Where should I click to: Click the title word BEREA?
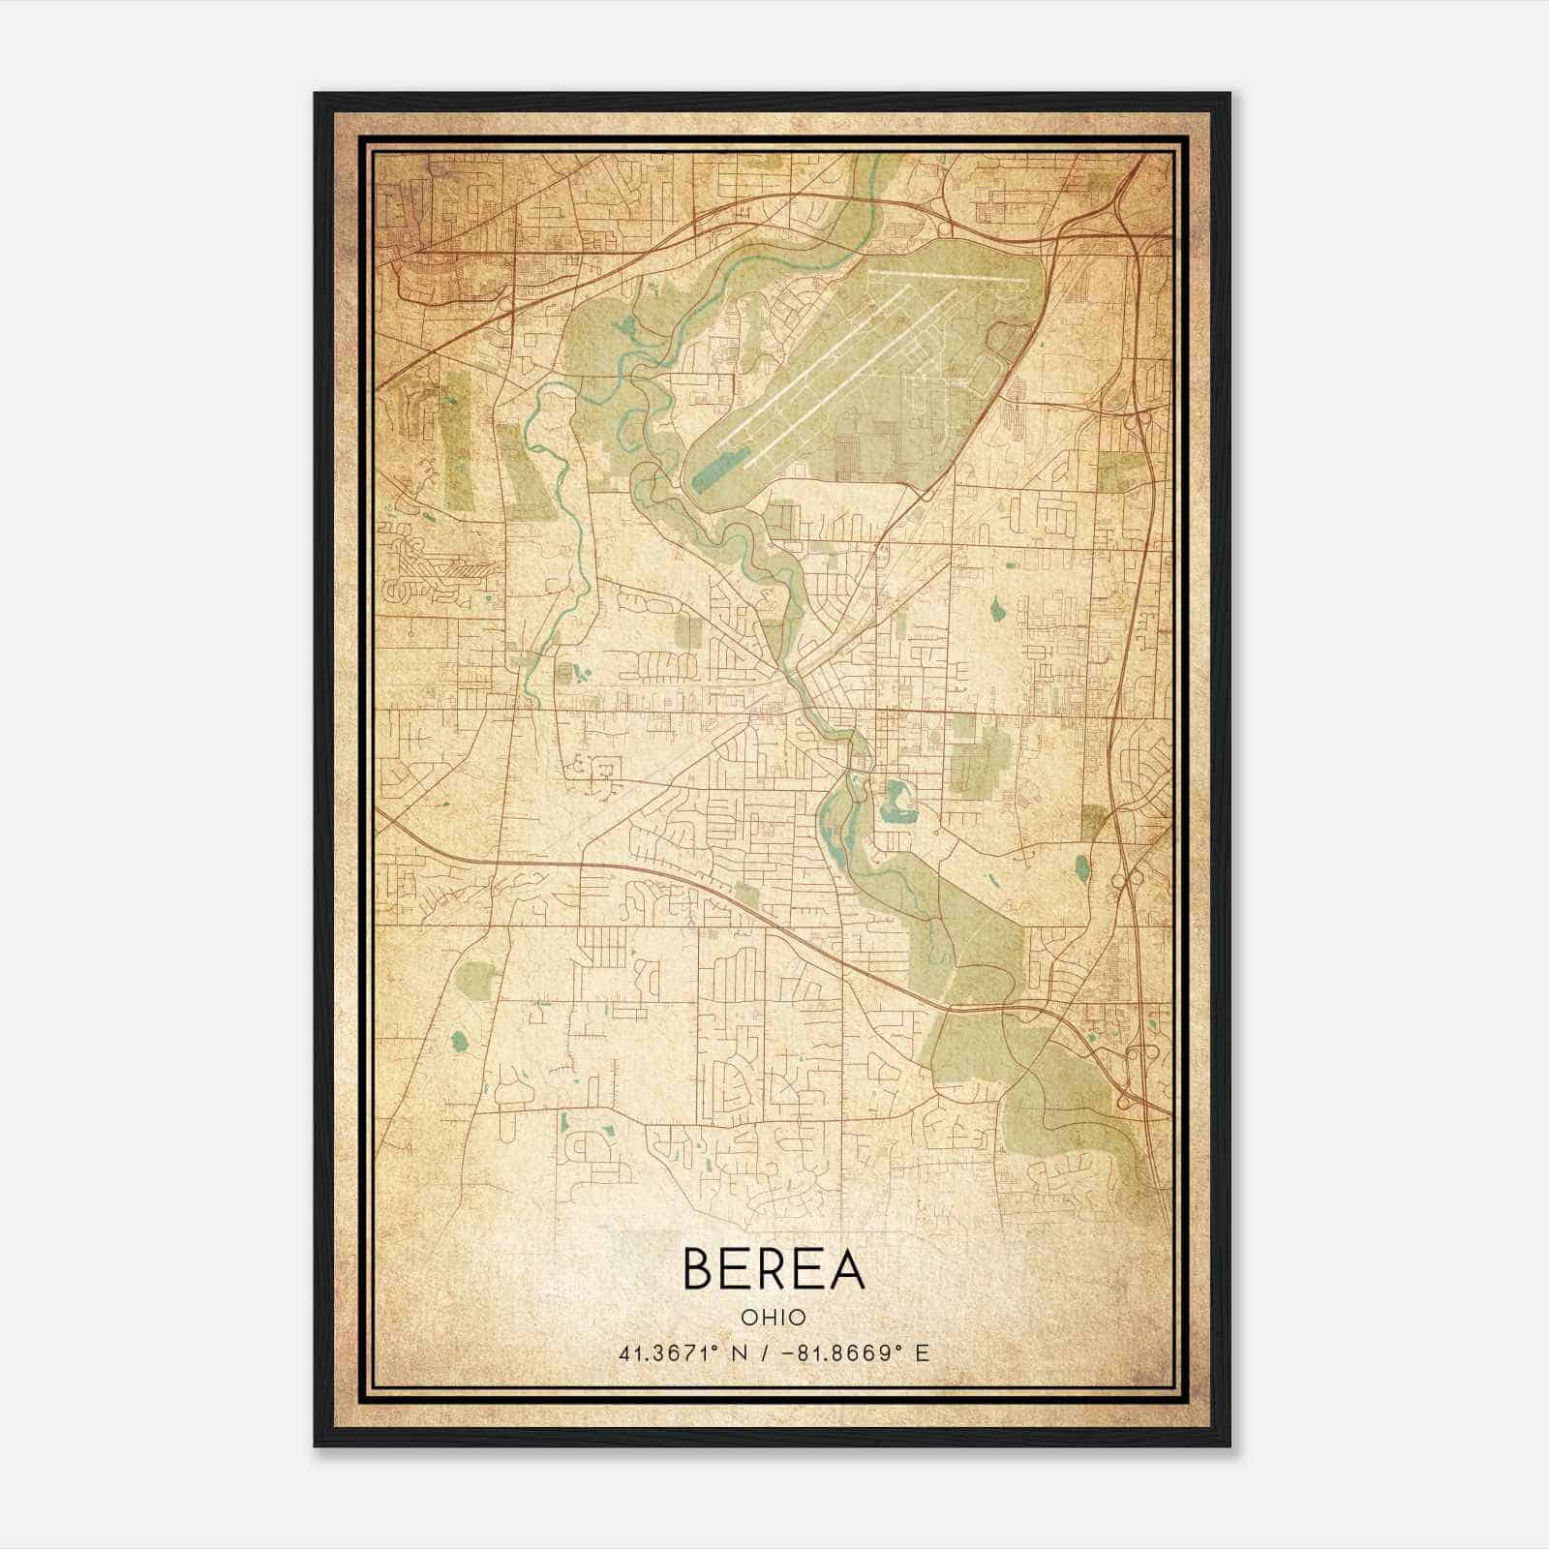click(774, 1268)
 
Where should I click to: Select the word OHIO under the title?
click(774, 1317)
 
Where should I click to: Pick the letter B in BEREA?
click(698, 1268)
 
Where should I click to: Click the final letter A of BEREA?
click(846, 1268)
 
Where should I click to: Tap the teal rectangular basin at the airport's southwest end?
click(717, 474)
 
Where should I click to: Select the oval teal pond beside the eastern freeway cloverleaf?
click(1081, 865)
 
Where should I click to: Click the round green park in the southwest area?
click(474, 978)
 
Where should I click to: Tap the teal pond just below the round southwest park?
click(460, 1042)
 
